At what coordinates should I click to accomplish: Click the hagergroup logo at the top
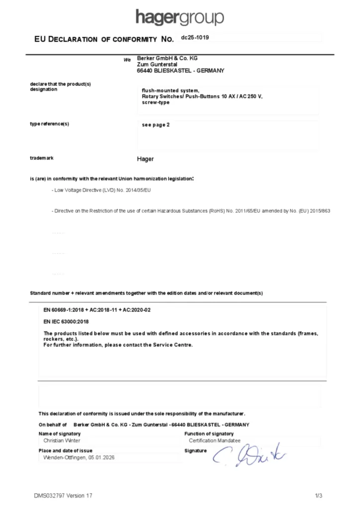180,17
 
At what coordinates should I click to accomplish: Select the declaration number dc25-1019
191,37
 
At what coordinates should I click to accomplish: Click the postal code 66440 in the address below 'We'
144,71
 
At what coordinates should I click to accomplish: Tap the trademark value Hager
145,159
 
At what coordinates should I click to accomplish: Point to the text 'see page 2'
156,125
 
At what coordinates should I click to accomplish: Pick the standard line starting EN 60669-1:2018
97,310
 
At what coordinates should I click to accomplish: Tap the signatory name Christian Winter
62,440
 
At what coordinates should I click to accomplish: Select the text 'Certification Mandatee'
214,440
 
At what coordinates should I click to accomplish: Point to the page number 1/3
319,496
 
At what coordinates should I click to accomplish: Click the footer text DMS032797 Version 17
63,496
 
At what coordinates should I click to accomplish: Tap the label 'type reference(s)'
49,124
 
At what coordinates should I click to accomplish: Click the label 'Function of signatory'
208,434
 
